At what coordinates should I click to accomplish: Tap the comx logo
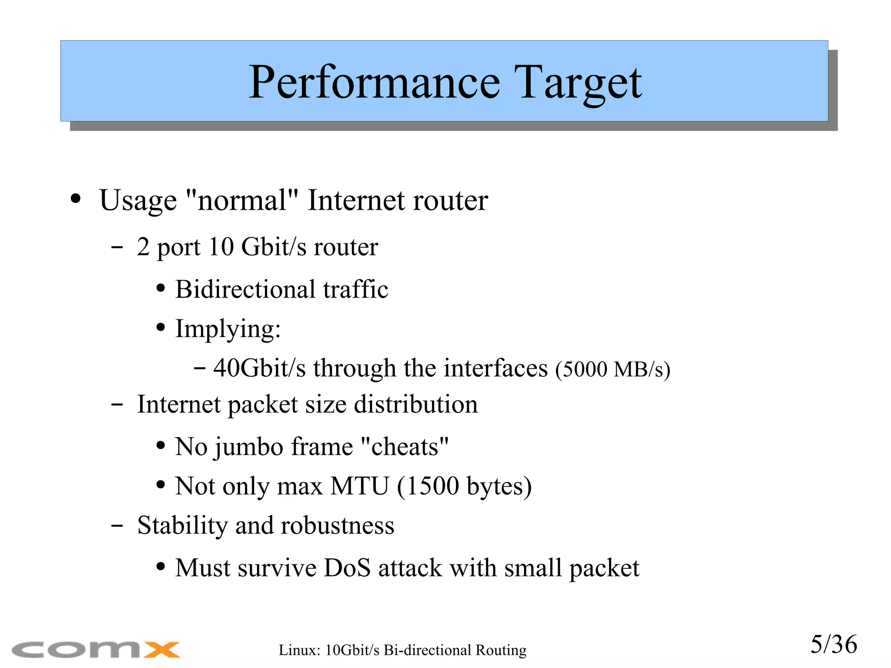(x=96, y=649)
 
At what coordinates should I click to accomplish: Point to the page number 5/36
(x=833, y=645)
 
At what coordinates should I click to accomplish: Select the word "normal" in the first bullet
(x=242, y=201)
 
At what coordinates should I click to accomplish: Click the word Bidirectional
(x=245, y=289)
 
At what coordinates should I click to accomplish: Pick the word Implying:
(x=228, y=329)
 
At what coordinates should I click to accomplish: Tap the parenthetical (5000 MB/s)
(x=613, y=369)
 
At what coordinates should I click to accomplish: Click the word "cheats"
(x=405, y=447)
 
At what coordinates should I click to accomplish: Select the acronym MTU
(x=359, y=486)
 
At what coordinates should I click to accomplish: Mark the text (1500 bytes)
(x=464, y=486)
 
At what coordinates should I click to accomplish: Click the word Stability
(x=182, y=525)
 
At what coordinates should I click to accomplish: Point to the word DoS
(x=347, y=568)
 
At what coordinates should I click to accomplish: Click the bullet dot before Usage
(x=76, y=199)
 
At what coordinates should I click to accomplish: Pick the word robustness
(x=338, y=525)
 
